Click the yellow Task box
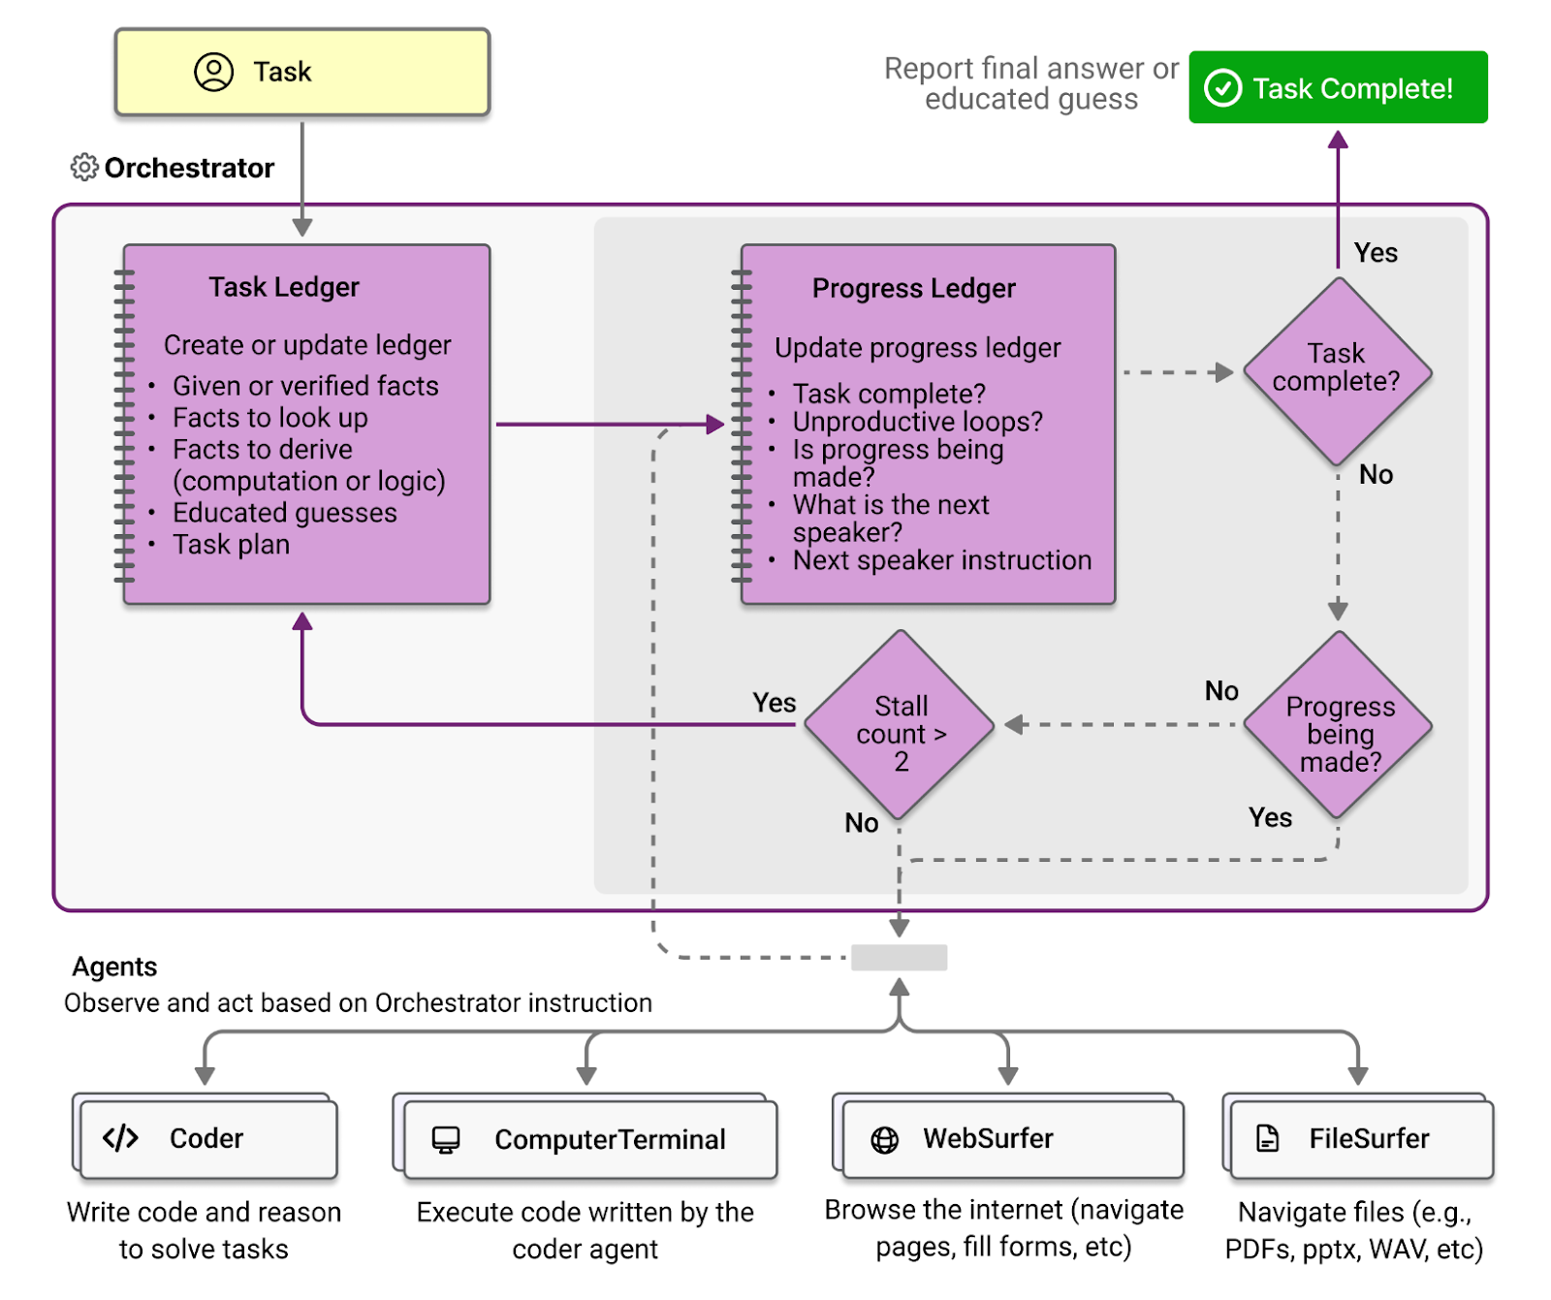pyautogui.click(x=302, y=73)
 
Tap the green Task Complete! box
pyautogui.click(x=1338, y=87)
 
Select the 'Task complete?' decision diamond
pyautogui.click(x=1338, y=372)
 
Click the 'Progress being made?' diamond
pyautogui.click(x=1339, y=725)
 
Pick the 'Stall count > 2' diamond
pyautogui.click(x=901, y=725)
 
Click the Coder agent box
pyautogui.click(x=207, y=1137)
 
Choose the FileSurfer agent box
pyautogui.click(x=1359, y=1137)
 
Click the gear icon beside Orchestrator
pyautogui.click(x=84, y=168)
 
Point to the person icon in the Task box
pyautogui.click(x=214, y=72)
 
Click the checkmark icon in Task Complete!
pyautogui.click(x=1223, y=88)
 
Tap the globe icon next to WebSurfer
pyautogui.click(x=885, y=1140)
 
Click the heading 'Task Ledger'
pyautogui.click(x=284, y=287)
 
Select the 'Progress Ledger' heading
pyautogui.click(x=914, y=288)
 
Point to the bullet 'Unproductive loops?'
pyautogui.click(x=918, y=422)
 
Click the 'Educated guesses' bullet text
pyautogui.click(x=285, y=513)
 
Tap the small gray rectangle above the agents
pyautogui.click(x=900, y=958)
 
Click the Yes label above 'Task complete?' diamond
pyautogui.click(x=1376, y=253)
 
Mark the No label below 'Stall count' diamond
pyautogui.click(x=861, y=823)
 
